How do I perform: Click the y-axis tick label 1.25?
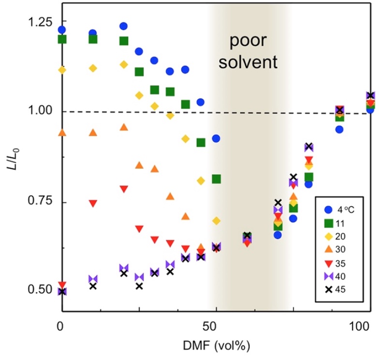pos(40,23)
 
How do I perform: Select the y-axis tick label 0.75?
pos(40,201)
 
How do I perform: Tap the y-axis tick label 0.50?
pos(40,290)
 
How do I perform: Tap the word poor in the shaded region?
pos(247,43)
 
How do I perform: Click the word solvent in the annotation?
pos(247,62)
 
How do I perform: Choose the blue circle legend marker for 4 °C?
pos(328,209)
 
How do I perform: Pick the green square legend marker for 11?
pos(328,223)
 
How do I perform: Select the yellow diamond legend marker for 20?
pos(328,236)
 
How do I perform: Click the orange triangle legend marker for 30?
pos(328,249)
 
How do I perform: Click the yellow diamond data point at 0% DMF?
pos(62,70)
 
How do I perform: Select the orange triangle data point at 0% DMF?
pos(62,132)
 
